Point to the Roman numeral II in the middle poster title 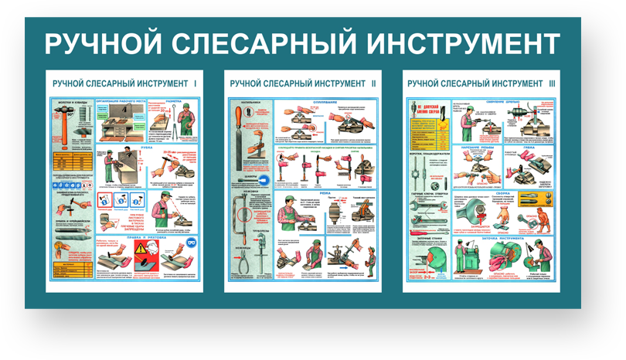click(x=373, y=83)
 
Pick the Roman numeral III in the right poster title click(x=552, y=83)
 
